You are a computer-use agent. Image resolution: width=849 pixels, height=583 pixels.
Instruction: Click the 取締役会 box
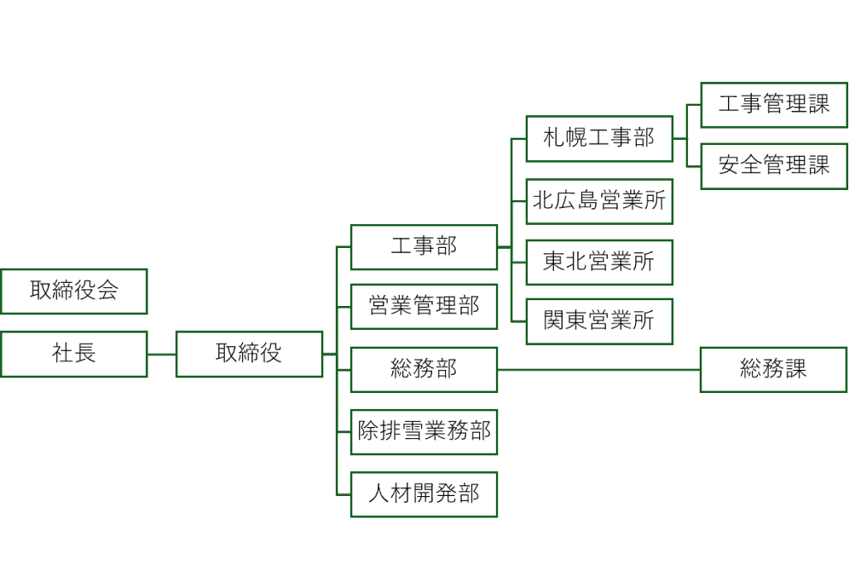tap(74, 291)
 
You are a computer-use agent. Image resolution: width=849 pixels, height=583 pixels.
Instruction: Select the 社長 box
tap(74, 354)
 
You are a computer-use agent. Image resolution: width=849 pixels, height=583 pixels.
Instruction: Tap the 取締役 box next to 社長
tap(249, 354)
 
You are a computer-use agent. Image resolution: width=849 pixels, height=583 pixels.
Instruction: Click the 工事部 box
tap(424, 247)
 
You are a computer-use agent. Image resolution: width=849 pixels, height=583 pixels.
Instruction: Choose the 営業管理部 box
tap(424, 307)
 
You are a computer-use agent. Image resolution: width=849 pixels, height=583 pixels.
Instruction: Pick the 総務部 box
tap(424, 370)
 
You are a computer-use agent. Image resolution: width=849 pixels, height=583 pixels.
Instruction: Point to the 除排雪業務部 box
tap(424, 432)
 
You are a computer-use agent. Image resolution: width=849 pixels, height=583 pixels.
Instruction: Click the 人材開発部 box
tap(424, 494)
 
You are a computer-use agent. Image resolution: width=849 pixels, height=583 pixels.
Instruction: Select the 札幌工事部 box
tap(599, 138)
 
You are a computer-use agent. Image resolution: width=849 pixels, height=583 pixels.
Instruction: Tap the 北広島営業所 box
tap(599, 201)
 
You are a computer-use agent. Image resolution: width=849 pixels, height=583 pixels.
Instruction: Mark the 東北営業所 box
tap(599, 262)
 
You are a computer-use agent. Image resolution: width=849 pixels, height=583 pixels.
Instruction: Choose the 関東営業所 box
tap(599, 322)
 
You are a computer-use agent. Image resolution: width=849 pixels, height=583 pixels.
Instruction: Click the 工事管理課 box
tap(774, 104)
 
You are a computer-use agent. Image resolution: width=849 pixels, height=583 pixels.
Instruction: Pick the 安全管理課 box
tap(774, 166)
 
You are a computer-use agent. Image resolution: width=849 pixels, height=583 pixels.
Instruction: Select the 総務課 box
tap(774, 370)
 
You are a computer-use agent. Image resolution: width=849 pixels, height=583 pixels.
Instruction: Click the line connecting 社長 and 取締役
tap(162, 354)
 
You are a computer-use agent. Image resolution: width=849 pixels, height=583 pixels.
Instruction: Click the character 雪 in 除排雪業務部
tap(413, 432)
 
